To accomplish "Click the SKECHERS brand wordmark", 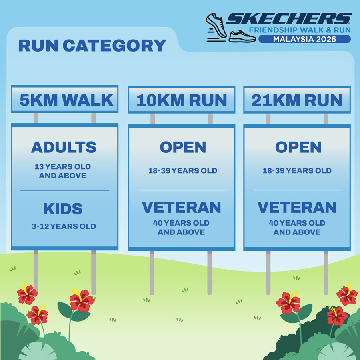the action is (289, 18).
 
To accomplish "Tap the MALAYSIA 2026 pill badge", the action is (304, 39).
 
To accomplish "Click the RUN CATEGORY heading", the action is (92, 46).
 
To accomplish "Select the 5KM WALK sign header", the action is (65, 100).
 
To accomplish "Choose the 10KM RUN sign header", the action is (182, 100).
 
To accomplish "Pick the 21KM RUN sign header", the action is (297, 100).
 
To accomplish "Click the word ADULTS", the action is (64, 147).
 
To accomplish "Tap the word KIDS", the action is (63, 209).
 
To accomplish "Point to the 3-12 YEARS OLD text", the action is (64, 226).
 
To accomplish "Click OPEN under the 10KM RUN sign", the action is (183, 147).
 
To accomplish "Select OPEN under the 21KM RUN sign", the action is (298, 147).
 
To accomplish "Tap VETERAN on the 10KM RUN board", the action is (181, 208).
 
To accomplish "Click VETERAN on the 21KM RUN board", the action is (297, 208).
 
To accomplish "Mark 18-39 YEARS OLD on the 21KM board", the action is (297, 170).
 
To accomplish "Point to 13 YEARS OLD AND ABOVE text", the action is (63, 171).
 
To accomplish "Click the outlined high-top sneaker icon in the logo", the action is (216, 25).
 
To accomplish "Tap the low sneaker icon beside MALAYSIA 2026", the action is (242, 36).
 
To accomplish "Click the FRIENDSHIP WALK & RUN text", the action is (300, 30).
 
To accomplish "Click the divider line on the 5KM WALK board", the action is (65, 190).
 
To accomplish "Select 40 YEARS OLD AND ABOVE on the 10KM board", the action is (181, 228).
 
